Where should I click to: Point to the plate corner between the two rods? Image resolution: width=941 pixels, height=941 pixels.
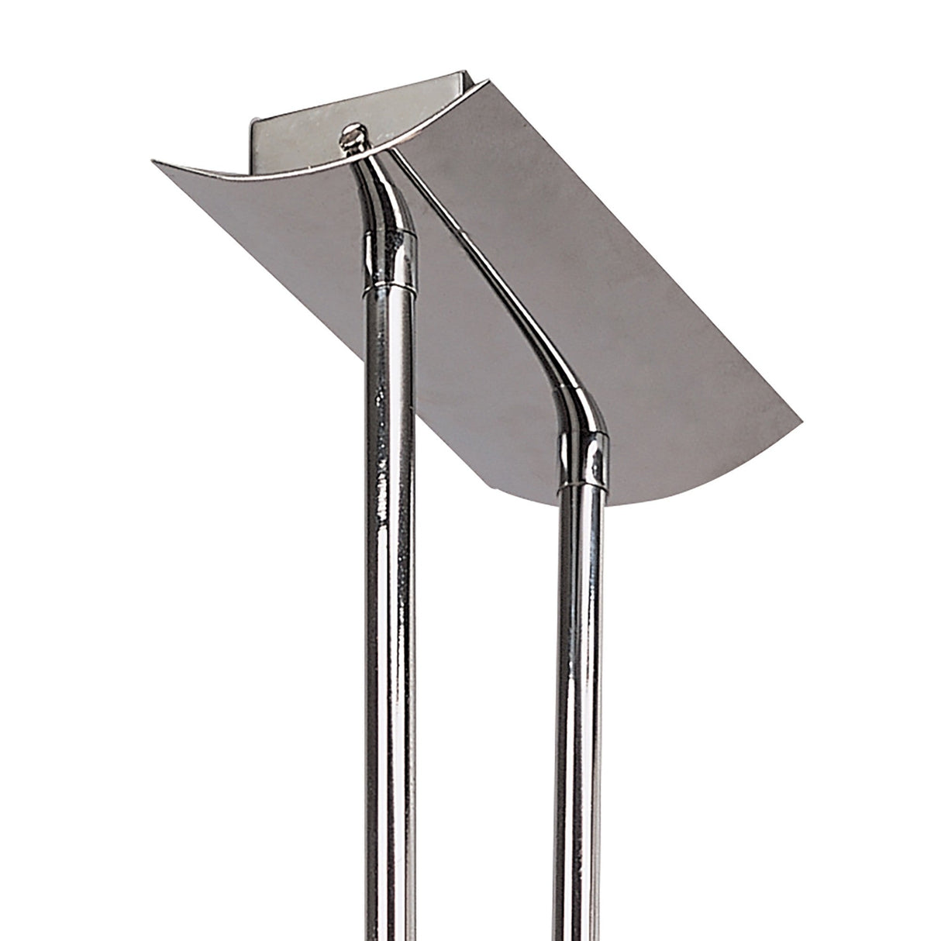tap(490, 490)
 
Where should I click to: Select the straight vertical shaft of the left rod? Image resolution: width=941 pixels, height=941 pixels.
tap(388, 581)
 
